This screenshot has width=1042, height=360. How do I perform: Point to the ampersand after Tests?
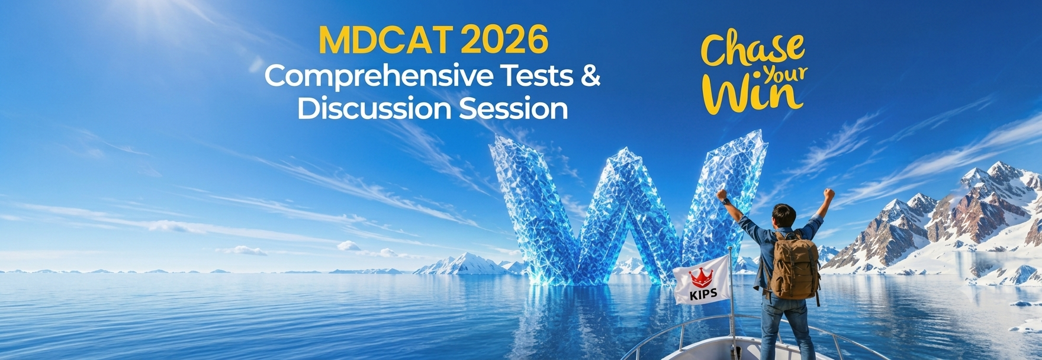point(590,76)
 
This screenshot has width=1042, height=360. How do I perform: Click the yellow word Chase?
point(752,50)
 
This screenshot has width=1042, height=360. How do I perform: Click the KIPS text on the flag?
point(703,294)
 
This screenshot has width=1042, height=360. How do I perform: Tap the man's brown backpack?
point(795,265)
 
